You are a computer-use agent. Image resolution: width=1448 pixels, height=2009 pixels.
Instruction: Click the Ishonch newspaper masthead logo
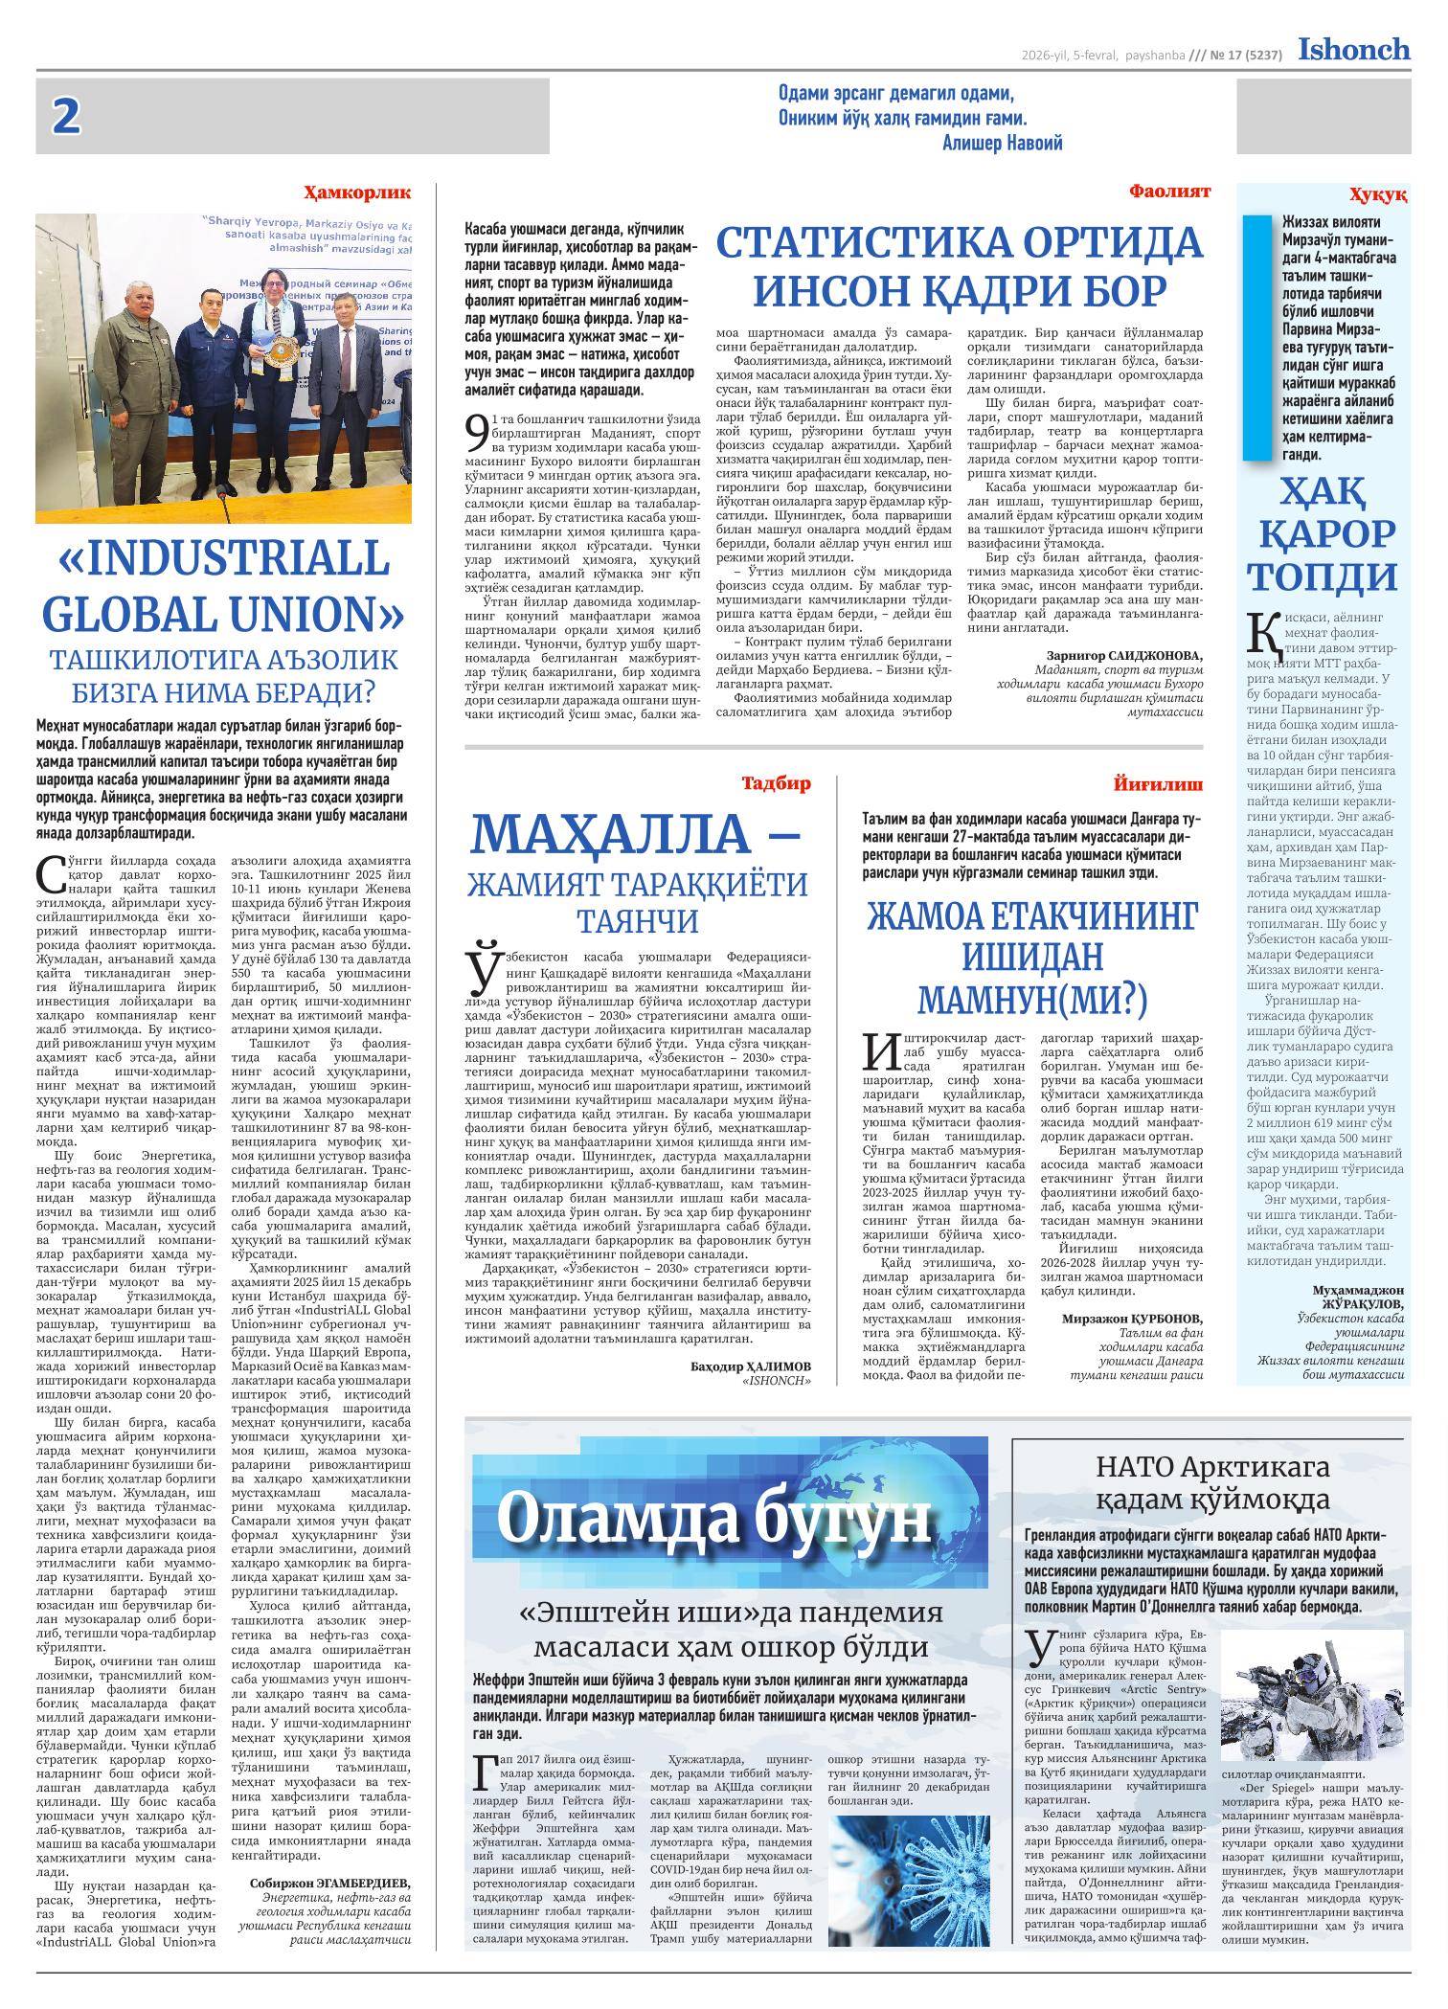pyautogui.click(x=1353, y=49)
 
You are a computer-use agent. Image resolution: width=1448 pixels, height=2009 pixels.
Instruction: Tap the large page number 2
pyautogui.click(x=66, y=117)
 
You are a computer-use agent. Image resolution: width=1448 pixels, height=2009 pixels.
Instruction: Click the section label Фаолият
pyautogui.click(x=1169, y=192)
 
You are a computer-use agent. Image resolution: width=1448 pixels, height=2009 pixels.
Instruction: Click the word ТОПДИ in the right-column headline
pyautogui.click(x=1324, y=577)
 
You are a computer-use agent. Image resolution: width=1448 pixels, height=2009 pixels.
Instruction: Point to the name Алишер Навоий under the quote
pyautogui.click(x=1003, y=143)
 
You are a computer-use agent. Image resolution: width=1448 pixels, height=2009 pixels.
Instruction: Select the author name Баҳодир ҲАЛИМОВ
pyautogui.click(x=750, y=1365)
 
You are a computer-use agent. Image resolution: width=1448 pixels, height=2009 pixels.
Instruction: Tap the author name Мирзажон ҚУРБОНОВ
pyautogui.click(x=1132, y=1319)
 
